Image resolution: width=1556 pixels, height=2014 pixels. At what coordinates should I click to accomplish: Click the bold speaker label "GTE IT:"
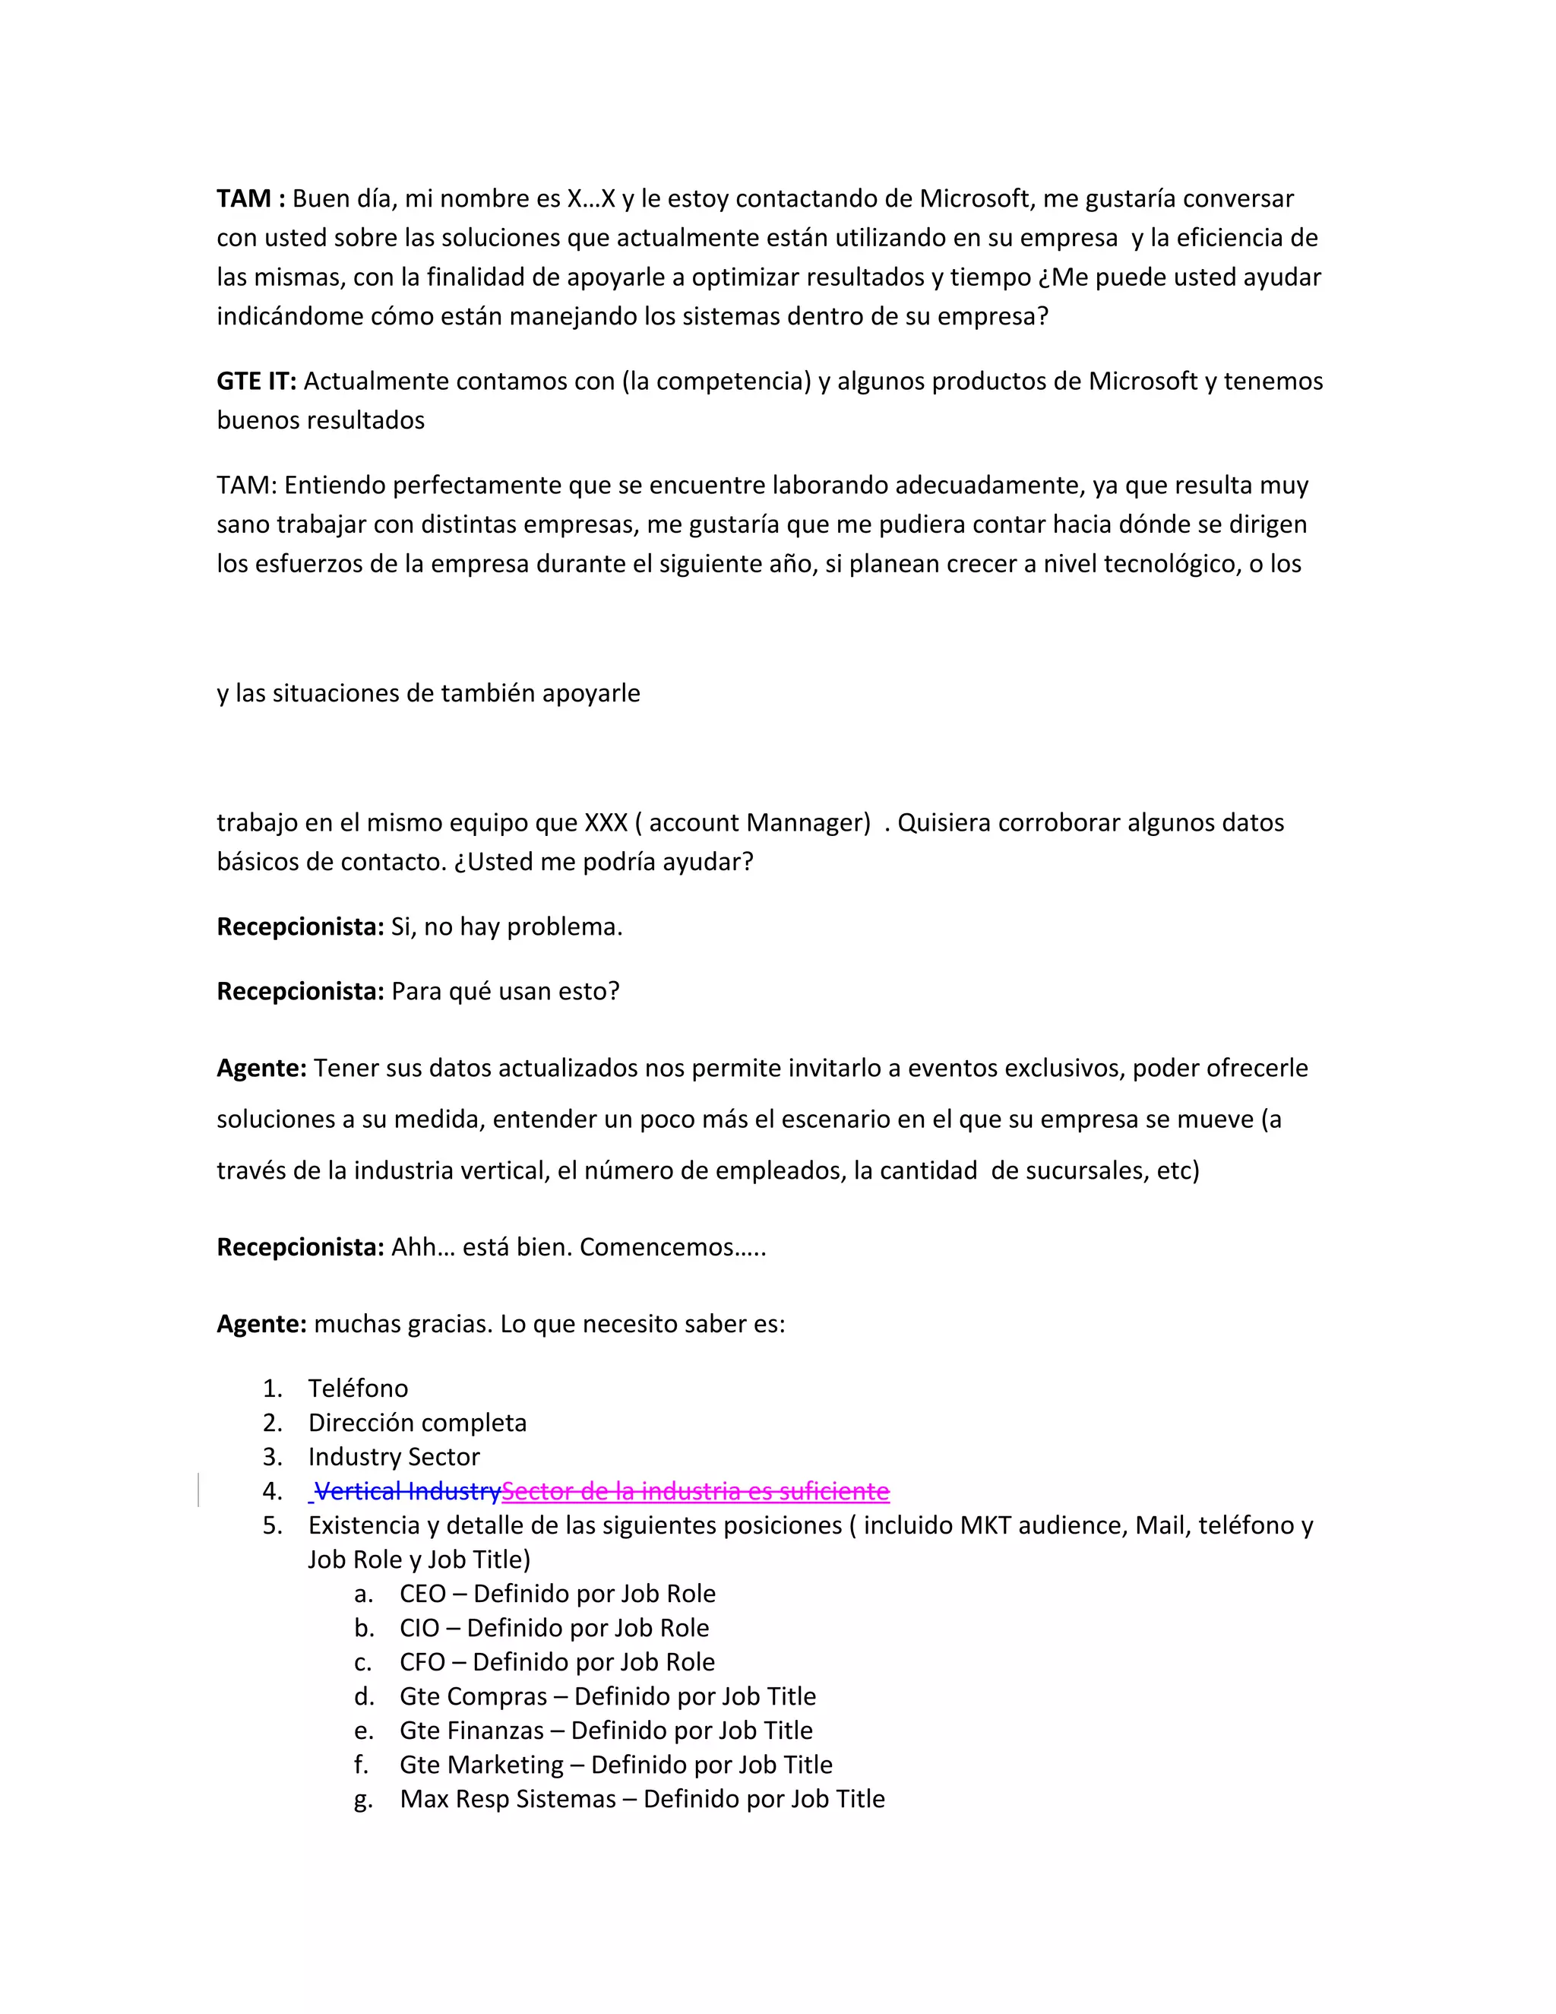tap(256, 381)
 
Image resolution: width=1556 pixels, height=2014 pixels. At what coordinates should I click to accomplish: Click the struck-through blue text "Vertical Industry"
tap(407, 1491)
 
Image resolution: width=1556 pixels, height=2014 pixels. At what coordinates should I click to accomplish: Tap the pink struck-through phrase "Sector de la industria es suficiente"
tap(696, 1491)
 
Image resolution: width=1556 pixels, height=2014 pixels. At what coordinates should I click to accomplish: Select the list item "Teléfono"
tap(358, 1388)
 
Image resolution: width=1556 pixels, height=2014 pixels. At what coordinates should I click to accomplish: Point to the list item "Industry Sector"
tap(394, 1456)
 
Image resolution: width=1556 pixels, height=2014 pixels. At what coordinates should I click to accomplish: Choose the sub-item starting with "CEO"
tap(557, 1594)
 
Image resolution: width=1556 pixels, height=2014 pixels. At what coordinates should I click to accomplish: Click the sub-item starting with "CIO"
tap(553, 1628)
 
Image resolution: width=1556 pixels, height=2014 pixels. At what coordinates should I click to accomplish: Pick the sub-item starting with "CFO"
tap(557, 1661)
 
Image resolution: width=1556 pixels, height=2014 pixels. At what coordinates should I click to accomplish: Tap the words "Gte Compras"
tap(473, 1696)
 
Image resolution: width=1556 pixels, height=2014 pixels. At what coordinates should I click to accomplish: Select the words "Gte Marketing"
tap(481, 1764)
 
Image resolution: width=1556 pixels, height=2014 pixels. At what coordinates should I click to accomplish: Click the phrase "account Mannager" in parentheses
tap(756, 822)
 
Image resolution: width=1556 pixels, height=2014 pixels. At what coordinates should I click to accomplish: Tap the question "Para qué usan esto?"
tap(505, 991)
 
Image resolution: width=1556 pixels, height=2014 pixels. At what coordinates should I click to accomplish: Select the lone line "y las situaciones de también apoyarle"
tap(428, 692)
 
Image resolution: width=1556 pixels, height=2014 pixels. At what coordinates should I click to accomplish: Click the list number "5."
tap(273, 1525)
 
